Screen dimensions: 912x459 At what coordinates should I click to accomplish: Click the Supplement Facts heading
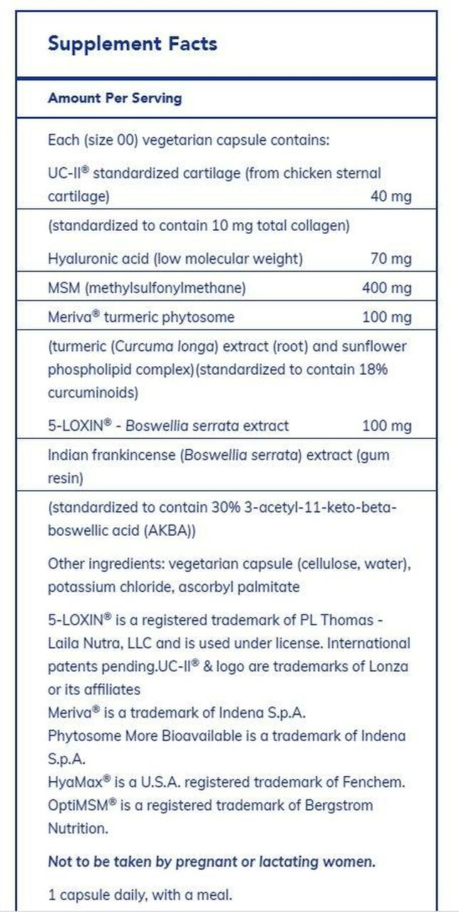click(x=132, y=44)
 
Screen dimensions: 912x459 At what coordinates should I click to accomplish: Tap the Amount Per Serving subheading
click(x=114, y=98)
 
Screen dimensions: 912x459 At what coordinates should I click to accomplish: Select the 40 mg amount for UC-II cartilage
click(x=391, y=196)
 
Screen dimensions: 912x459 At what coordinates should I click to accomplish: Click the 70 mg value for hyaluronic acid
click(x=391, y=259)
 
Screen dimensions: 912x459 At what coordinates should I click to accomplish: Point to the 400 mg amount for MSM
click(x=386, y=288)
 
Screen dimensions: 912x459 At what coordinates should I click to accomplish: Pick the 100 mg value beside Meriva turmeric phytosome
click(x=386, y=317)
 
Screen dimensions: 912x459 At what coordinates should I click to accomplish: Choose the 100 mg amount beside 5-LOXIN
click(x=386, y=426)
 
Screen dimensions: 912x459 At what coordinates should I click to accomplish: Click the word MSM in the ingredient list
click(x=63, y=288)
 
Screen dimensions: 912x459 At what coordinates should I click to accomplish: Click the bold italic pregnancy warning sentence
click(x=211, y=861)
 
